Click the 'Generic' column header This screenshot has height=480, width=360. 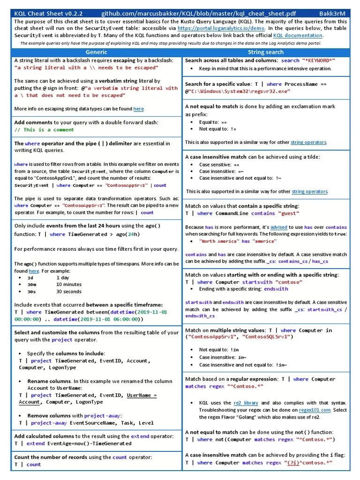point(97,52)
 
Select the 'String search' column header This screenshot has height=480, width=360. point(265,52)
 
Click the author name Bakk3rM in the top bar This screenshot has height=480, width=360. point(332,14)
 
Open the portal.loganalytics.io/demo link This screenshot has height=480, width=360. point(217,28)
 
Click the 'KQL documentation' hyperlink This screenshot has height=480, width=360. point(298,35)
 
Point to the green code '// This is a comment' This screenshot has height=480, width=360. point(44,130)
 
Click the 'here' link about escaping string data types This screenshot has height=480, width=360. point(139,109)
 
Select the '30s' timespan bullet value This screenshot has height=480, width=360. point(32,292)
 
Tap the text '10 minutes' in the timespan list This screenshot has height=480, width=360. point(68,284)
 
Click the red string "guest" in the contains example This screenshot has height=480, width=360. point(290,213)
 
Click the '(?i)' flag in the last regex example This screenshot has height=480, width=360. point(293,463)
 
